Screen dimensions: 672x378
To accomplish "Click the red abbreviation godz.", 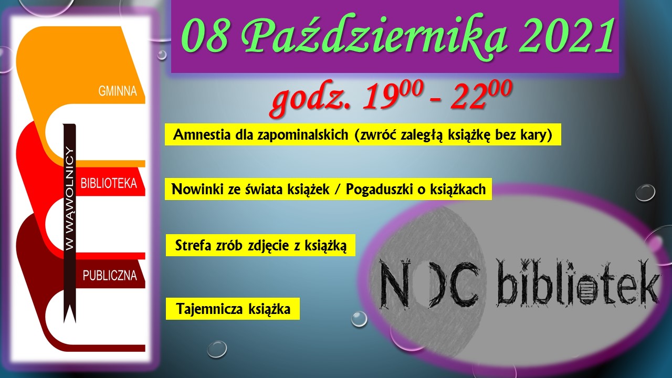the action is [x=311, y=100].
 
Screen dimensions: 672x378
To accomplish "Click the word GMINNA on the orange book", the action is [x=118, y=91].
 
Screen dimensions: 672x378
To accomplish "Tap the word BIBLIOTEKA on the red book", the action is [x=109, y=183].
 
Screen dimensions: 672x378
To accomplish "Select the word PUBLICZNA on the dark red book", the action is [x=110, y=276].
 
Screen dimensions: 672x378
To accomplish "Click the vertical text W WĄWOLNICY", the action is [x=70, y=198].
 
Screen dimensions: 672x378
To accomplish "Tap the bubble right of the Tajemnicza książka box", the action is [x=359, y=319].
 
